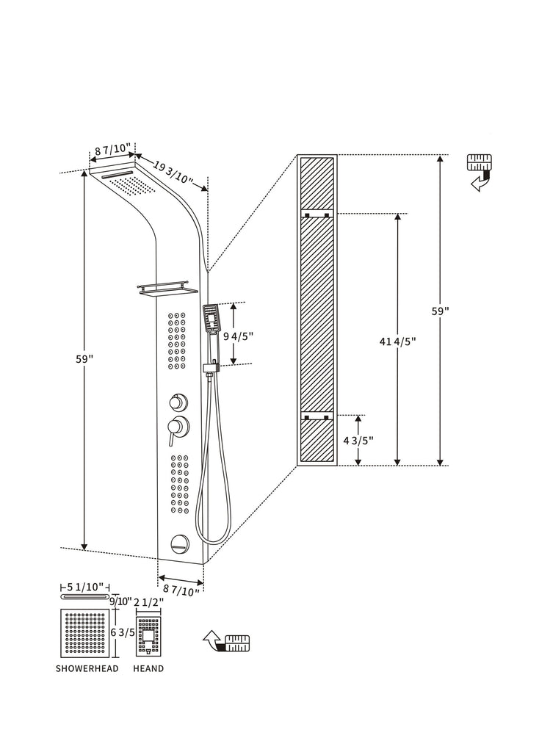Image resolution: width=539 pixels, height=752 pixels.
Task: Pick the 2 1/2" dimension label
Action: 148,602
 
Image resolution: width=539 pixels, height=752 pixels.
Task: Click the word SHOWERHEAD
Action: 87,669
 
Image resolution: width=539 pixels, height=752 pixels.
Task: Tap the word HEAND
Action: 148,669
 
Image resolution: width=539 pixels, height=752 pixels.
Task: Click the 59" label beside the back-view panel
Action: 440,311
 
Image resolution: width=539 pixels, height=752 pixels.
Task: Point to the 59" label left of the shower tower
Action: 84,358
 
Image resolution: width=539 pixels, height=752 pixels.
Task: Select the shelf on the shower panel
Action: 167,290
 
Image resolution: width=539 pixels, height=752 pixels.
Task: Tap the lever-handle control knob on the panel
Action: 176,427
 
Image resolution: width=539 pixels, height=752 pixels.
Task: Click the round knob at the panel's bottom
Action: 178,544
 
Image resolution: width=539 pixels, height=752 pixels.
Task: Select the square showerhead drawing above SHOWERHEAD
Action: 87,633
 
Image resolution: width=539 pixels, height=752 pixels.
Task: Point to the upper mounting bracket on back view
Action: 316,214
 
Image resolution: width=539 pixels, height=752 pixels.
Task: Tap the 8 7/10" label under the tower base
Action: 181,588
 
